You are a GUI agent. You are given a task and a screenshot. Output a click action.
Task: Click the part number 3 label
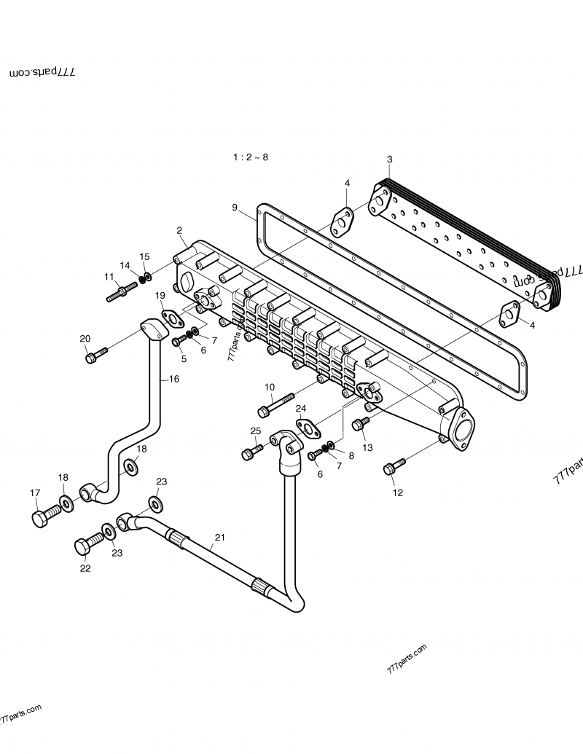389,160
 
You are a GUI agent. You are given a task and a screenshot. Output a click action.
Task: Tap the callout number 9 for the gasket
235,208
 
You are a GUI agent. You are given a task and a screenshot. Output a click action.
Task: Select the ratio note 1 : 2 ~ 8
251,157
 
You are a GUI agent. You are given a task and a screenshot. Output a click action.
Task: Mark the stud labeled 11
121,292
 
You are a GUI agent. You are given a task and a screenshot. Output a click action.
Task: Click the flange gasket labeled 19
173,317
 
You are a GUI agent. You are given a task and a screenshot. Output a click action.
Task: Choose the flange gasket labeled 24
308,428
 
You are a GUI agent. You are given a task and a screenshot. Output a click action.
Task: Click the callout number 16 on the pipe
173,379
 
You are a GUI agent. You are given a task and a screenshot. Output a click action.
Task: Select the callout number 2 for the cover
179,230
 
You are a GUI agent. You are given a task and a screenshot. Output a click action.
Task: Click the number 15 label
144,256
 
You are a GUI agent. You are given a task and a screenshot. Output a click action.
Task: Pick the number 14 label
125,265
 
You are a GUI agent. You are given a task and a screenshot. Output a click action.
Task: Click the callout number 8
351,455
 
